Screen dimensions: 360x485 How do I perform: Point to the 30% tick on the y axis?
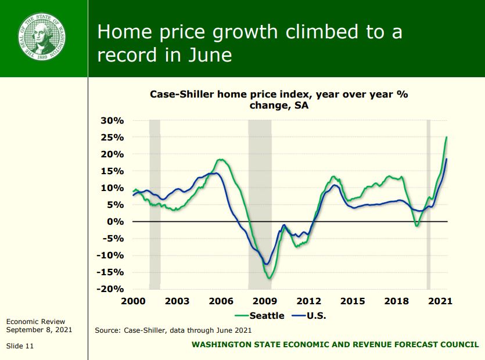click(113, 120)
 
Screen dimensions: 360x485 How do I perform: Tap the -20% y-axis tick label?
click(110, 289)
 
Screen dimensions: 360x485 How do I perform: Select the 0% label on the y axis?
click(115, 221)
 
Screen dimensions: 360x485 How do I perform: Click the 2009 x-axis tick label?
click(265, 301)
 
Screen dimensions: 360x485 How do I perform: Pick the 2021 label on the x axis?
click(440, 301)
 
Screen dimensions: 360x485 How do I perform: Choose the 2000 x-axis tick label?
click(133, 301)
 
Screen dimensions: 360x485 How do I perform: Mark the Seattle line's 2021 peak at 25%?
click(446, 137)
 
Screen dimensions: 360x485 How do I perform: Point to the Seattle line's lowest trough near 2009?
click(270, 278)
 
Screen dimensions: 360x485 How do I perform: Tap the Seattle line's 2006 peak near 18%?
click(220, 160)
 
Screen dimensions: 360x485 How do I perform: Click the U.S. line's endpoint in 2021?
click(446, 159)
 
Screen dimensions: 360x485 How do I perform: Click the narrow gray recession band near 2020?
click(429, 203)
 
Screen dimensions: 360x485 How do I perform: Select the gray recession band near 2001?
click(155, 203)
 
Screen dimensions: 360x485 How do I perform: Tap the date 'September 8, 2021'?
click(39, 329)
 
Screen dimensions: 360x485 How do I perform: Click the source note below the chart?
click(173, 330)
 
